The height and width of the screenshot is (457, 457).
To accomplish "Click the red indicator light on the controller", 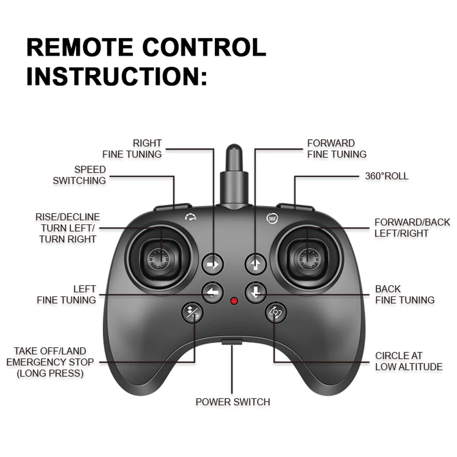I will (234, 301).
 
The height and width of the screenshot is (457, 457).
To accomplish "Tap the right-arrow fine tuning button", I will (213, 264).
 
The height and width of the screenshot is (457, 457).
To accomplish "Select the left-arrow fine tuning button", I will (213, 292).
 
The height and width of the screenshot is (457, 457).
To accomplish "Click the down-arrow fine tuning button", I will (255, 292).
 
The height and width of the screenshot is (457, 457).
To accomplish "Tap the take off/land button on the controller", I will (192, 313).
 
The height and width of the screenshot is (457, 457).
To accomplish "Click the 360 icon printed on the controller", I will (272, 218).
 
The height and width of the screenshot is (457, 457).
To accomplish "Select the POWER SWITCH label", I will (233, 402).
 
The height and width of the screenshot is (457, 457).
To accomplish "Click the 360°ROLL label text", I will (387, 176).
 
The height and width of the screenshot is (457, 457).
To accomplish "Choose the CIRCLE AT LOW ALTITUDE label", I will (409, 361).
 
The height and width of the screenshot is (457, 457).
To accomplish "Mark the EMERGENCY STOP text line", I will (50, 362).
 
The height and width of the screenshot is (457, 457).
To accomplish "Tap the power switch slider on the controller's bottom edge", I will (233, 341).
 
